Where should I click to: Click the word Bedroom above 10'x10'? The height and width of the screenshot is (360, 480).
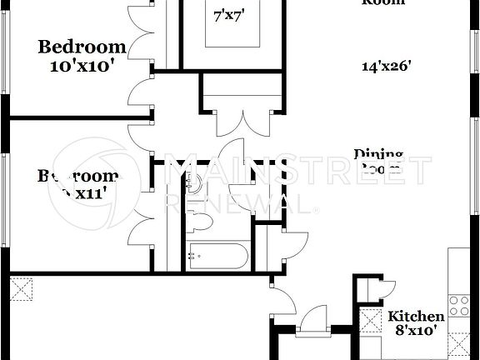(x=82, y=47)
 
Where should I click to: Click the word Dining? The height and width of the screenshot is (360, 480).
(x=379, y=155)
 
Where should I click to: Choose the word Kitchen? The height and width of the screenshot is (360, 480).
(x=416, y=317)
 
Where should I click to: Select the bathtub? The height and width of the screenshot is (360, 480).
(x=217, y=256)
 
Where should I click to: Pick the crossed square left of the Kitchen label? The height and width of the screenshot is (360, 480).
(x=368, y=321)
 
